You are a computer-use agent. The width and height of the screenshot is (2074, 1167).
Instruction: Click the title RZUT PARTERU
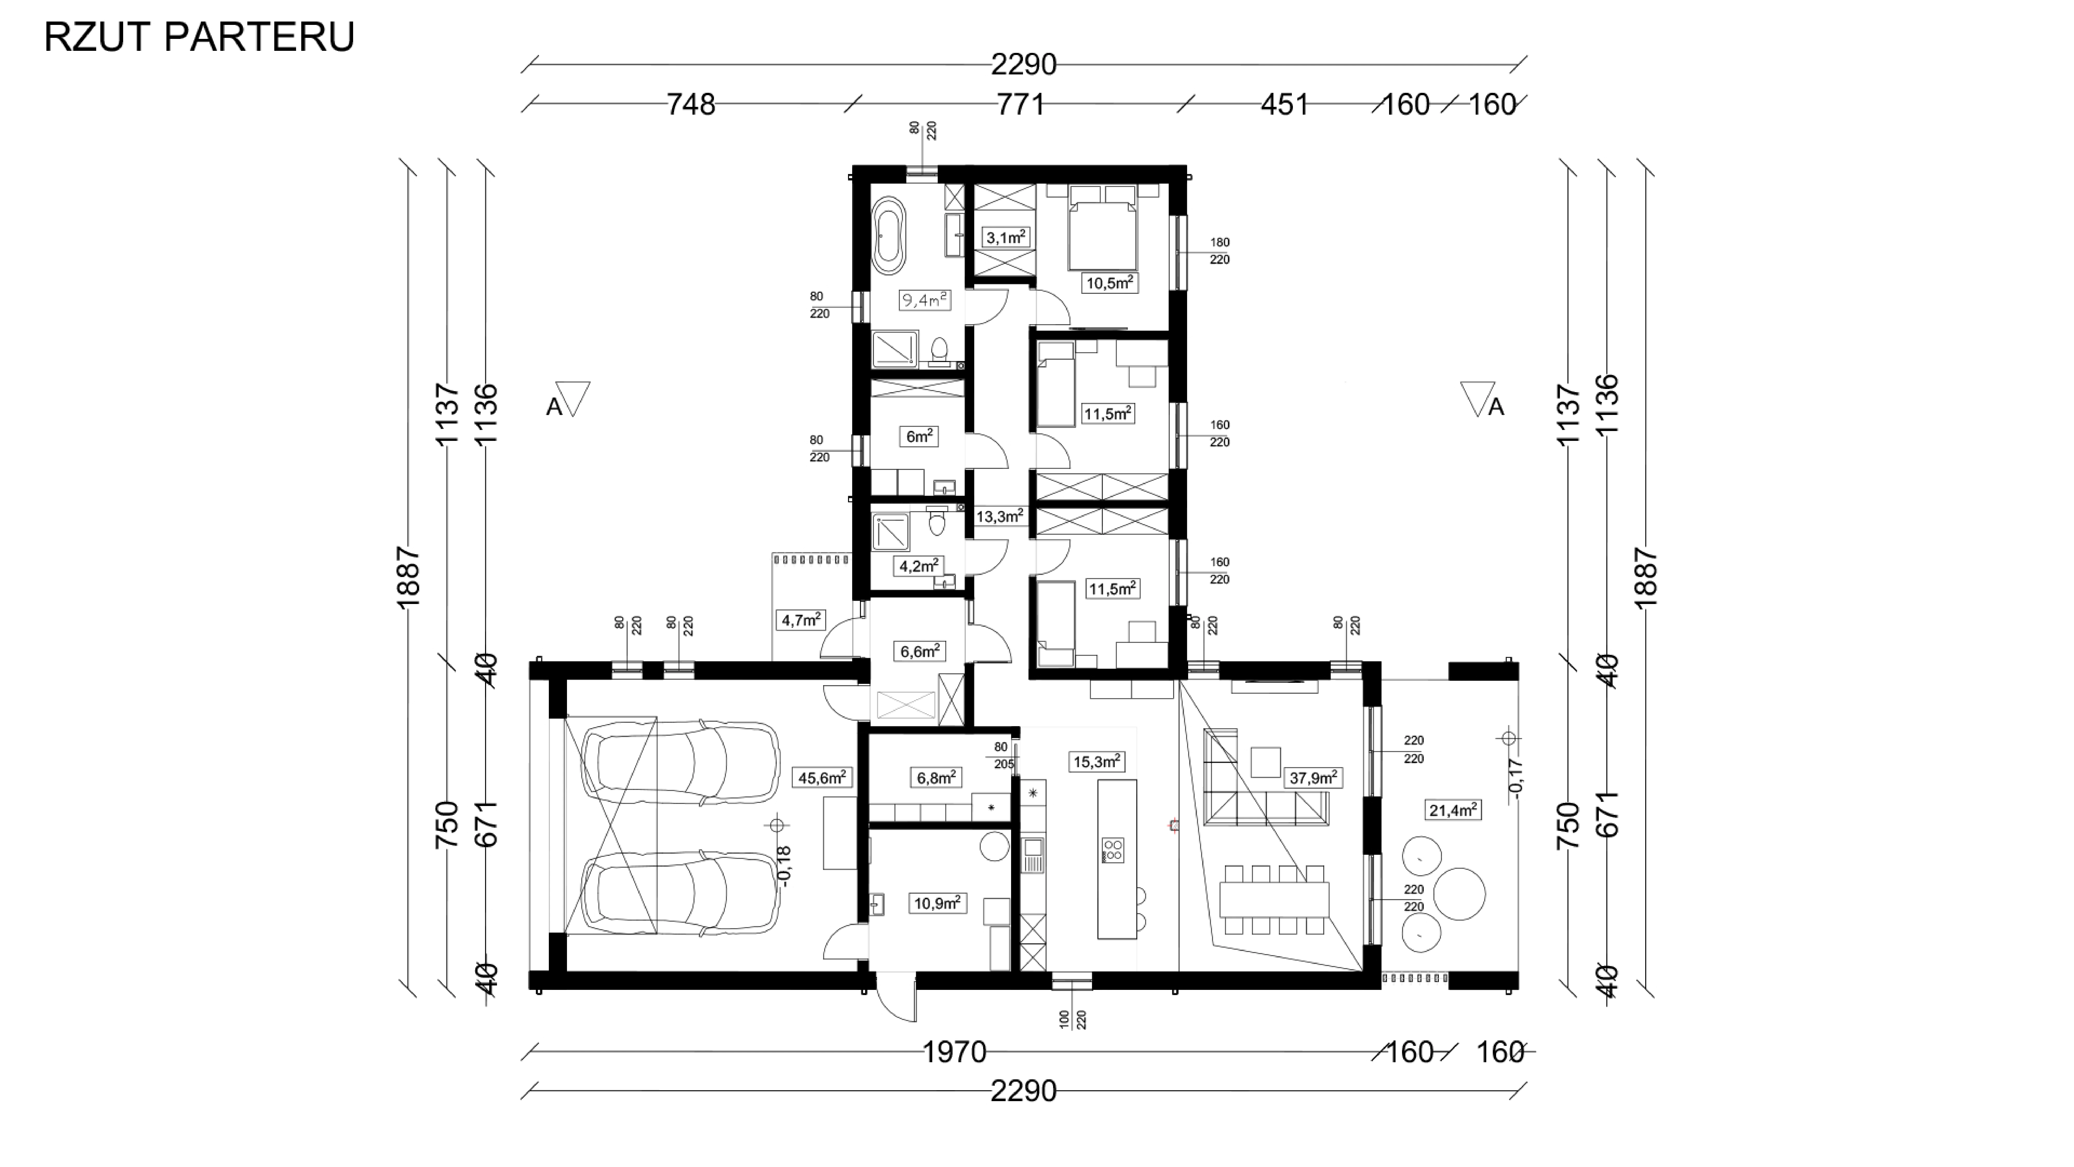tap(199, 37)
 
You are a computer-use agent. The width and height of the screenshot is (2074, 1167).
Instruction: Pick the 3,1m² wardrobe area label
tap(1006, 238)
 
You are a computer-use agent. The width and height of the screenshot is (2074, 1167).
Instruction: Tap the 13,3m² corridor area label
tap(999, 516)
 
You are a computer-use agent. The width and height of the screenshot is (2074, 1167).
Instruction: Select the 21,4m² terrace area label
tap(1453, 810)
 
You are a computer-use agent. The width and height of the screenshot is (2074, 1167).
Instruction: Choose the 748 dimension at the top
tap(691, 105)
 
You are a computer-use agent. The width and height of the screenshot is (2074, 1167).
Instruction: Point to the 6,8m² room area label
tap(936, 777)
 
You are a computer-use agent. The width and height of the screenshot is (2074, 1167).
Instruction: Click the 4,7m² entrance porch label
tap(801, 619)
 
